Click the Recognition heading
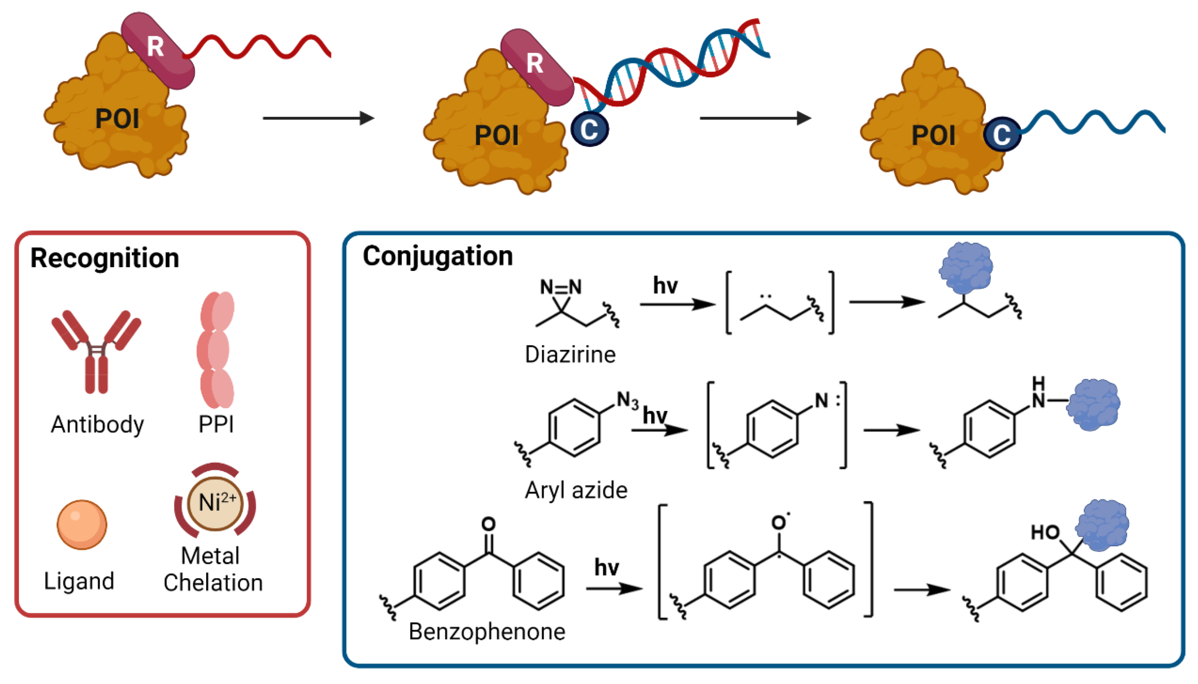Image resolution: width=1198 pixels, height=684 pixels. click(104, 258)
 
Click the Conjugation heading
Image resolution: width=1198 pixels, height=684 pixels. click(437, 256)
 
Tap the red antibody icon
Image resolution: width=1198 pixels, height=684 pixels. click(96, 350)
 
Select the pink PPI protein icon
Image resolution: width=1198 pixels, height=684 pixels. click(216, 350)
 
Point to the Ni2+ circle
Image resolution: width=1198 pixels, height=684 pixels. click(215, 503)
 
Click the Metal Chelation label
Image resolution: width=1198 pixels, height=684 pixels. click(212, 569)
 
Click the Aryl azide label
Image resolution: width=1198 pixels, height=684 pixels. click(576, 490)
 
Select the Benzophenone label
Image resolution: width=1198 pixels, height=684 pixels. click(486, 632)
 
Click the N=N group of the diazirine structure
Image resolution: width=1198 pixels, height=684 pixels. click(560, 286)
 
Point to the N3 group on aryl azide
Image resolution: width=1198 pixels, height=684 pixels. click(627, 401)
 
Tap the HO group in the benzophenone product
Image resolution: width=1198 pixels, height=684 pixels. click(1044, 533)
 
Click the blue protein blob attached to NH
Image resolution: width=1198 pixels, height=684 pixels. click(1093, 404)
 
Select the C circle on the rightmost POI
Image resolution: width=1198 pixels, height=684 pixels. click(1002, 134)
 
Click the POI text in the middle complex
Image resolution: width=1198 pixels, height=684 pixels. click(496, 136)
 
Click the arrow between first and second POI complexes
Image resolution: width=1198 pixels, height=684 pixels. click(318, 118)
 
